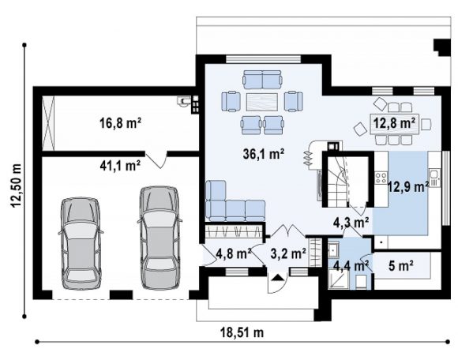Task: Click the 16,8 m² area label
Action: [121, 123]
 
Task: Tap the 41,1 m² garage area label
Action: [120, 166]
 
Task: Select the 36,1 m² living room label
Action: [264, 154]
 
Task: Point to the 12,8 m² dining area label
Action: [395, 123]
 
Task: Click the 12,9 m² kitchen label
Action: [408, 186]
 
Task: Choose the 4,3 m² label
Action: [351, 223]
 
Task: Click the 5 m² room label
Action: [401, 266]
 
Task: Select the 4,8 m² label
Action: [234, 253]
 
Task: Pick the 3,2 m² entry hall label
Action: [288, 253]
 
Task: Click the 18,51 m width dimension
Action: [242, 332]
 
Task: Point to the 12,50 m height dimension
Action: [16, 186]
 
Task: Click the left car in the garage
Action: [81, 243]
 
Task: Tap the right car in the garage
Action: [159, 238]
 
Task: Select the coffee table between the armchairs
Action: [261, 102]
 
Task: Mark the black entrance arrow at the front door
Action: [277, 277]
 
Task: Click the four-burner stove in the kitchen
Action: [381, 178]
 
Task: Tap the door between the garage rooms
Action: [157, 160]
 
